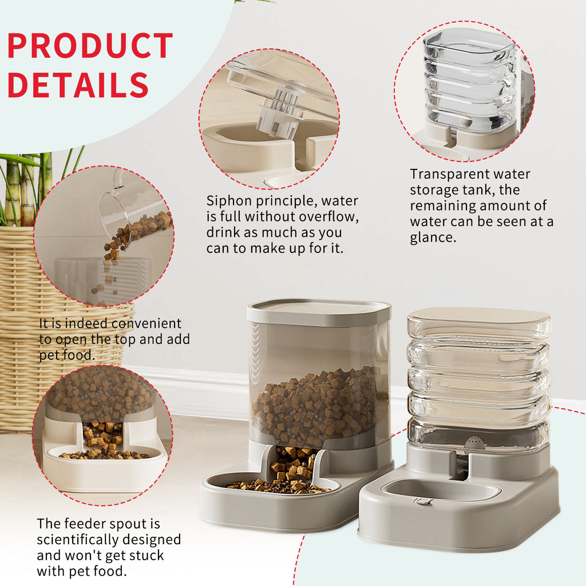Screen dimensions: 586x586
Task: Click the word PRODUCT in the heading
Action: pyautogui.click(x=90, y=46)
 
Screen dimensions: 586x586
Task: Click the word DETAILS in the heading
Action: pyautogui.click(x=78, y=85)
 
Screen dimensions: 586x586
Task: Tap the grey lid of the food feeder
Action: pyautogui.click(x=319, y=312)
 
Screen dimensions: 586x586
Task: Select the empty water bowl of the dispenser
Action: pyautogui.click(x=441, y=489)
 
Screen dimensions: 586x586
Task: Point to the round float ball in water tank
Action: pyautogui.click(x=473, y=442)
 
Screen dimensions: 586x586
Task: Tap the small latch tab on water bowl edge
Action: pyautogui.click(x=423, y=501)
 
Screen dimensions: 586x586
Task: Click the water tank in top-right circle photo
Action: pyautogui.click(x=469, y=80)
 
